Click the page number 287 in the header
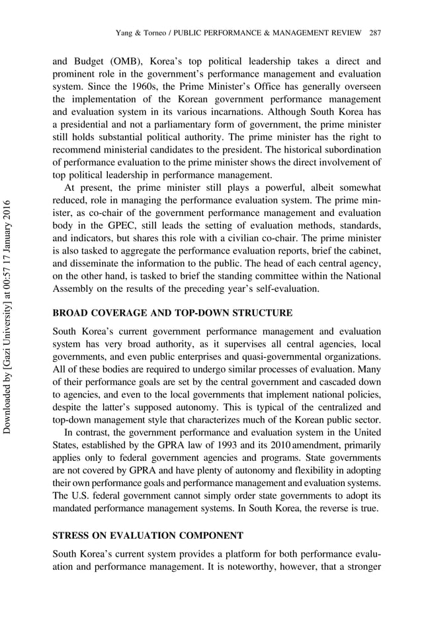coord(375,33)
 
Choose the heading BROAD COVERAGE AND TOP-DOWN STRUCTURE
coord(172,312)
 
